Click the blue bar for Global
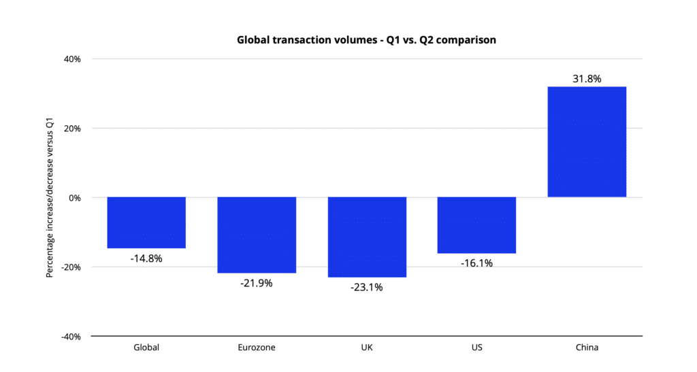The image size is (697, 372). point(146,222)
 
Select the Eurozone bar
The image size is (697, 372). point(257,235)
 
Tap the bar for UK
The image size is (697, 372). point(367,237)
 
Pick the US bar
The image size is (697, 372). point(476,225)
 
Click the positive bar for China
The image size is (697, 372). point(587,142)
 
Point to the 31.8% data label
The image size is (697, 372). point(587,79)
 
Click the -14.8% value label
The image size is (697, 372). point(146,258)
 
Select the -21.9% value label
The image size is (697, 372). point(257,283)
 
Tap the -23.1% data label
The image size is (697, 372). point(367,287)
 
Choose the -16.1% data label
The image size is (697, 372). point(476,263)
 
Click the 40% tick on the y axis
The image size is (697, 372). point(72,59)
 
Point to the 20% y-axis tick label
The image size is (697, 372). point(72,129)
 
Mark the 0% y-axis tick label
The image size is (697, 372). point(74,198)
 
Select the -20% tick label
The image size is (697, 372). point(71,267)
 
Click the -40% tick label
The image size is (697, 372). point(71,337)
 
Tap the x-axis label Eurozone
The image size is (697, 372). point(257,348)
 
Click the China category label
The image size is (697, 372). point(587,348)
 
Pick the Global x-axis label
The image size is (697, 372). point(146,348)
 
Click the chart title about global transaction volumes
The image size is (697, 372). point(366,40)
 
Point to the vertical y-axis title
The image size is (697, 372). point(49,198)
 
